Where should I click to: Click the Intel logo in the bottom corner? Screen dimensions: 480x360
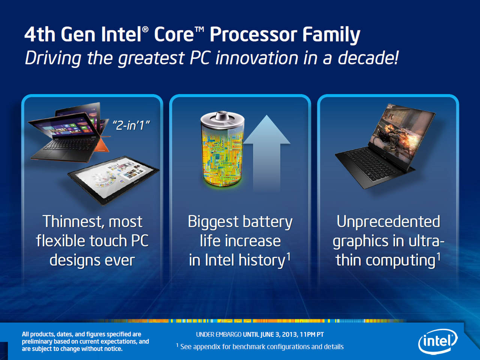click(438, 341)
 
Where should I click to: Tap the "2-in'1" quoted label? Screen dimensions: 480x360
click(131, 126)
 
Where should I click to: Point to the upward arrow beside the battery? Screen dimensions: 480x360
click(267, 153)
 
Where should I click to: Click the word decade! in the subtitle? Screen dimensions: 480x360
click(368, 58)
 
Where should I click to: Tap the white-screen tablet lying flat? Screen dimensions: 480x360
click(114, 180)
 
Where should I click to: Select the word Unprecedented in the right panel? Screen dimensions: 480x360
click(388, 222)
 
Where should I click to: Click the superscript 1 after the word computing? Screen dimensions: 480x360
click(438, 256)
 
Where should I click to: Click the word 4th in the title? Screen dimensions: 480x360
click(40, 34)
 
